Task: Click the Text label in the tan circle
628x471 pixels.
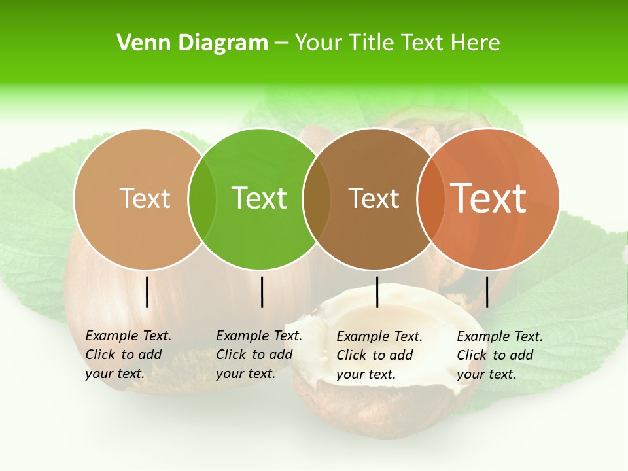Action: point(145,198)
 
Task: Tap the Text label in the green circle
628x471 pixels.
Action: point(260,198)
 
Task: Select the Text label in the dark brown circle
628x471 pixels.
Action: point(374,198)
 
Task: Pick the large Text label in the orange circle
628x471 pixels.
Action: point(489,198)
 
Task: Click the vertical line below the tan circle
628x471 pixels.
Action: point(147,292)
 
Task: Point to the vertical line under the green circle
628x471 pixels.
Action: point(262,292)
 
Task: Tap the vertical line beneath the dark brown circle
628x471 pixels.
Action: point(377,292)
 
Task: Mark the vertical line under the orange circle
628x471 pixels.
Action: point(487,292)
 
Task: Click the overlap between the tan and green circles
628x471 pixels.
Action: point(202,199)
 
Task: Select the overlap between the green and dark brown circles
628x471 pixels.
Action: point(317,199)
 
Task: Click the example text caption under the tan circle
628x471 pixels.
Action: point(128,355)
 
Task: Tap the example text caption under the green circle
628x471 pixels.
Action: point(258,355)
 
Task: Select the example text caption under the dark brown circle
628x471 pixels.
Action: point(379,355)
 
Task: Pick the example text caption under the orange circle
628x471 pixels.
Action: point(499,355)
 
